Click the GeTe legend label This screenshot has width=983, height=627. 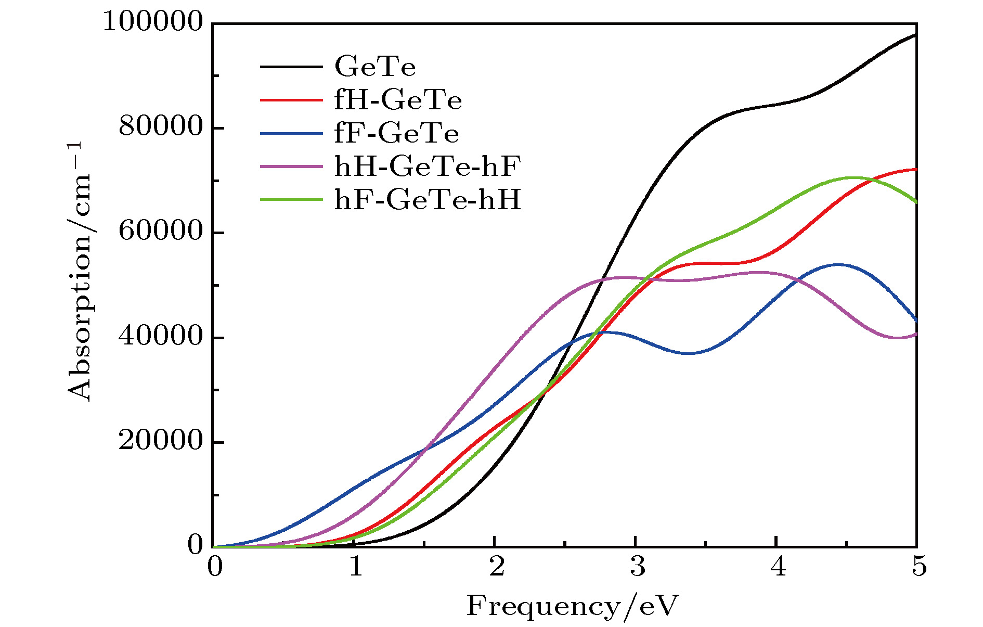[x=374, y=67]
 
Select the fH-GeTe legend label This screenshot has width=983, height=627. [x=398, y=100]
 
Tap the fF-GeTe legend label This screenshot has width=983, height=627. [x=396, y=133]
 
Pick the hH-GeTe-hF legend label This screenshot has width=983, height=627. [x=428, y=167]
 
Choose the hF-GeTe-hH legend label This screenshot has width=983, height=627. [x=428, y=200]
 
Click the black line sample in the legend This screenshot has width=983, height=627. [x=291, y=67]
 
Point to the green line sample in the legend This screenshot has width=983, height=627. [x=291, y=200]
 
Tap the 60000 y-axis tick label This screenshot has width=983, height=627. [x=160, y=231]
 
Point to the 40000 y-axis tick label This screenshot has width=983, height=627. [x=160, y=336]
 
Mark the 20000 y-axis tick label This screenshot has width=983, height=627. [x=160, y=441]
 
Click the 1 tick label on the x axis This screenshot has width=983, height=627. [x=356, y=566]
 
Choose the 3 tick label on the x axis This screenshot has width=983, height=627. [x=637, y=566]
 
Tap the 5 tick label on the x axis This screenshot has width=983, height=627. [x=919, y=566]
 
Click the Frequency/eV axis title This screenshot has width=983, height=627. [x=572, y=606]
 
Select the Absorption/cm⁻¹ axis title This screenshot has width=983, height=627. [x=79, y=271]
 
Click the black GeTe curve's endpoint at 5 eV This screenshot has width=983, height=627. [x=915, y=34]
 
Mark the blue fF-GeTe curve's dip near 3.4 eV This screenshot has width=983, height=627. [x=690, y=353]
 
